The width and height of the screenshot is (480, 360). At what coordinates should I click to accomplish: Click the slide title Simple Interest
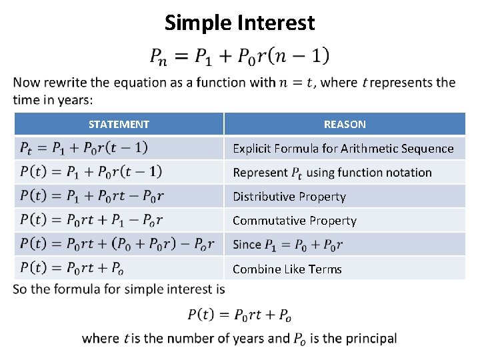(x=239, y=23)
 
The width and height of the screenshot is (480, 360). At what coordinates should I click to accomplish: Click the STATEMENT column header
(x=119, y=124)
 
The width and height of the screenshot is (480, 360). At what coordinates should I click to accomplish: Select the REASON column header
(x=345, y=124)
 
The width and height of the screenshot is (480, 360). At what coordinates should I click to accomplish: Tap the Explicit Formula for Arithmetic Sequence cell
(x=343, y=148)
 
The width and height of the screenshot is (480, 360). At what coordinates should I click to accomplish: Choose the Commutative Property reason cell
(x=294, y=221)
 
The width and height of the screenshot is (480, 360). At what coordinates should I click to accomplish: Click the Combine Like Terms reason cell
(x=287, y=269)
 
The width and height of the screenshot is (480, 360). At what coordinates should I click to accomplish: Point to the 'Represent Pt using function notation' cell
(x=332, y=173)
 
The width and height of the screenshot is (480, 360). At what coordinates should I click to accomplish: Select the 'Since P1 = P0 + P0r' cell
(x=287, y=245)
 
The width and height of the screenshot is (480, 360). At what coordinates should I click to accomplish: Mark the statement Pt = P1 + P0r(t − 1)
(x=84, y=148)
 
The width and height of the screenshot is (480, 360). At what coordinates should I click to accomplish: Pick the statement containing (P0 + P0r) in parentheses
(x=117, y=245)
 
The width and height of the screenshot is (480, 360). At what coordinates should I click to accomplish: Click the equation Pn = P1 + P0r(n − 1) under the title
(x=239, y=56)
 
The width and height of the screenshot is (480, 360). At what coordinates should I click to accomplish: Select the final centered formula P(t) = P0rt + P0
(x=239, y=314)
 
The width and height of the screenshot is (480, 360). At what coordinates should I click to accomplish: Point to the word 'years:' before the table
(x=75, y=99)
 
